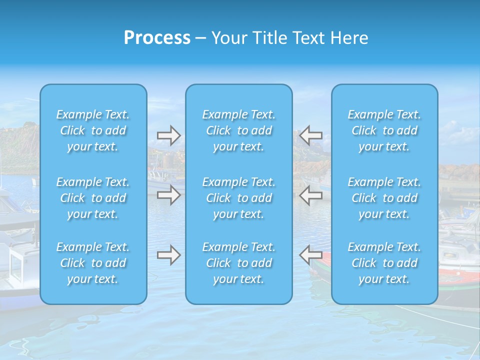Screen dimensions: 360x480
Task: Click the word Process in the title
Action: tap(157, 38)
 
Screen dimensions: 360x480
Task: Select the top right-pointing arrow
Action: tap(168, 135)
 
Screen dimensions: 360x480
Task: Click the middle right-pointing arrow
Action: tap(168, 195)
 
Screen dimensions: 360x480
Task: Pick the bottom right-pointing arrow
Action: tap(168, 255)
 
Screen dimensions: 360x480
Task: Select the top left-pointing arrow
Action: tap(310, 135)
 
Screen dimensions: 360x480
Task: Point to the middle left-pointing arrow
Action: tap(310, 195)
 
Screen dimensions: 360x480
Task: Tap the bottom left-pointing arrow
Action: tap(310, 255)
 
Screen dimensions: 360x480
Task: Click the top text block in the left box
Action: tap(93, 130)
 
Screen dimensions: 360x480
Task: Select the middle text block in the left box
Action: tap(93, 198)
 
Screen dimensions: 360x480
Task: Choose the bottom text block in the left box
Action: tap(93, 263)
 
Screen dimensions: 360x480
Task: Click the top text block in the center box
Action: tap(239, 130)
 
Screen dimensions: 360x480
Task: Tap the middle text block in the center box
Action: tap(239, 198)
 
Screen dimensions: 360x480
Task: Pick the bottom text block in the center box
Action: tap(239, 263)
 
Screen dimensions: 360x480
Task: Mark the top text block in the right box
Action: tap(384, 130)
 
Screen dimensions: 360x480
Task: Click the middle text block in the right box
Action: tap(384, 198)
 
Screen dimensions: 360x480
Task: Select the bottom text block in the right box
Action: tap(384, 263)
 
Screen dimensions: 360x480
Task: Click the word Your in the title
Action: tap(229, 38)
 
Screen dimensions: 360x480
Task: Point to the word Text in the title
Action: tap(310, 38)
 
